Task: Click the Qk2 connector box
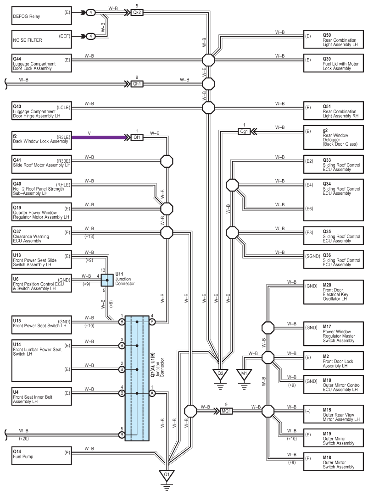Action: [137, 13]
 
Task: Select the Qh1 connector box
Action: [137, 84]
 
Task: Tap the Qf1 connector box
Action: [137, 137]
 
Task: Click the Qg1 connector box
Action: [244, 132]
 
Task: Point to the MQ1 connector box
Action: [226, 411]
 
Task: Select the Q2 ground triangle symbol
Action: [220, 374]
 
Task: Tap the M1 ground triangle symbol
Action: [244, 374]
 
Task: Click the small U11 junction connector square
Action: [107, 280]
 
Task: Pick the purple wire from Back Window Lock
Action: [101, 137]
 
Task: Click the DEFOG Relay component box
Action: [42, 16]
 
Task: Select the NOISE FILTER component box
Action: [42, 39]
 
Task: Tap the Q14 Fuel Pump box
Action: [42, 456]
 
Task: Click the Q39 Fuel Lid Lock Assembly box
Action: [334, 63]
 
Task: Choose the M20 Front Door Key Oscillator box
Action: [334, 292]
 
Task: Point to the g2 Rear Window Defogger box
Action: [334, 137]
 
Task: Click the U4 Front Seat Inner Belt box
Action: [42, 396]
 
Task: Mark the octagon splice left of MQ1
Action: [190, 411]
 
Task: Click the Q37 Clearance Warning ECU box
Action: [42, 236]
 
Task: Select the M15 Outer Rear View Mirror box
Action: [334, 414]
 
